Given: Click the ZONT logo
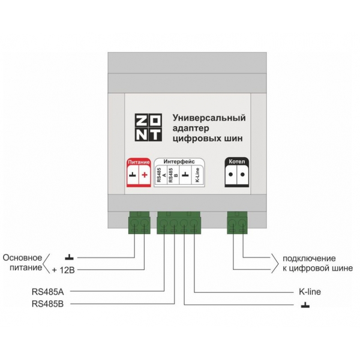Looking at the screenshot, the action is [148, 127].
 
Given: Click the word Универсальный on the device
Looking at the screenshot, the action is [209, 118].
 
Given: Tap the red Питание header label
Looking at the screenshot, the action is [139, 162].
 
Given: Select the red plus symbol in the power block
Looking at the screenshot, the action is [145, 175].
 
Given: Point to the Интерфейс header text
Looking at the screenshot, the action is [179, 161].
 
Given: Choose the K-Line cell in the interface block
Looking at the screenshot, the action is [197, 175].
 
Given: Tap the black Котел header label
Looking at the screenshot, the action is [237, 161].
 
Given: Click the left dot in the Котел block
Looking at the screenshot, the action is [231, 175].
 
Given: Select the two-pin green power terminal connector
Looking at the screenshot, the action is [139, 223].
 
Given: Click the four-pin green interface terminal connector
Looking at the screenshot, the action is [179, 223].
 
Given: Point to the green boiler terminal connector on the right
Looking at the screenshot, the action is [237, 223].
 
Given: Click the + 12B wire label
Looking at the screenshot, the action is [64, 270].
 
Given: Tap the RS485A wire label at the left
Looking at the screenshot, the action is [48, 292].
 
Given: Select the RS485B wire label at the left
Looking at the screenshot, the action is [48, 304].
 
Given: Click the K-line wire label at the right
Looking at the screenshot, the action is [310, 292].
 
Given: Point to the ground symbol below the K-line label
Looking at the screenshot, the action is [305, 305].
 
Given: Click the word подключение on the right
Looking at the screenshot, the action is [309, 259].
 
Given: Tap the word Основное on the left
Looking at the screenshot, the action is [22, 257].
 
